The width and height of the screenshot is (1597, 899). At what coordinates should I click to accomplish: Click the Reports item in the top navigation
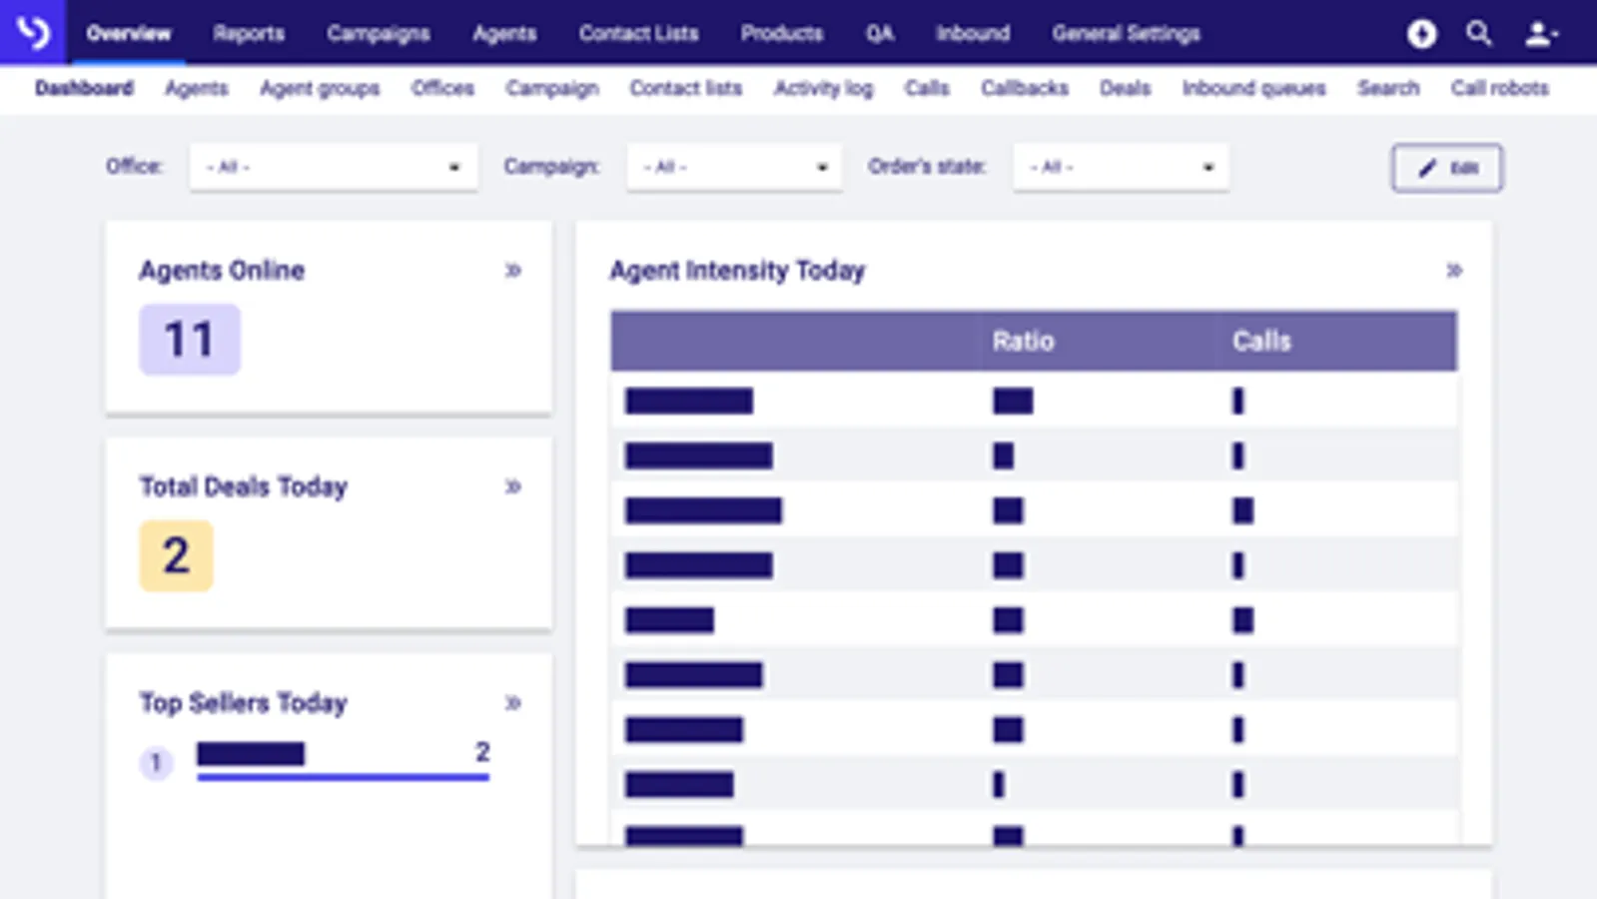[x=249, y=33]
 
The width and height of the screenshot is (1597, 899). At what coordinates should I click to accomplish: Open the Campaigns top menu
[x=379, y=33]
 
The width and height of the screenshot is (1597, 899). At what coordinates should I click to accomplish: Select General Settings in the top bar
[x=1126, y=33]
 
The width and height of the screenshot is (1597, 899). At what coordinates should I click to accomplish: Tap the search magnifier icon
[x=1478, y=34]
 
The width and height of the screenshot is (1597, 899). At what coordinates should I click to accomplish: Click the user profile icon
[x=1539, y=34]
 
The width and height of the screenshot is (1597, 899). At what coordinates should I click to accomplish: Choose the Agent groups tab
[x=320, y=88]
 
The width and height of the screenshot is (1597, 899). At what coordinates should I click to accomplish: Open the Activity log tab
[x=823, y=88]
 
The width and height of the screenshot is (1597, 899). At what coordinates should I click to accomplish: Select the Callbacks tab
[x=1024, y=88]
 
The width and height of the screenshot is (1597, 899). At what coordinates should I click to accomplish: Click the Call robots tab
[x=1499, y=88]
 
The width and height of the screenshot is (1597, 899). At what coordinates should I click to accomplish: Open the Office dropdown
[x=333, y=167]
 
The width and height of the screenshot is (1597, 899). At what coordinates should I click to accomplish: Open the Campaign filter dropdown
[x=734, y=167]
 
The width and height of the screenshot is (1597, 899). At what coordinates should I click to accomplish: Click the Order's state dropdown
[x=1120, y=167]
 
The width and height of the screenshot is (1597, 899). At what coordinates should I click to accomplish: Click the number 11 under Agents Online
[x=189, y=340]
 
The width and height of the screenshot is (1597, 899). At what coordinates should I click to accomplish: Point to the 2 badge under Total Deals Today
[x=176, y=555]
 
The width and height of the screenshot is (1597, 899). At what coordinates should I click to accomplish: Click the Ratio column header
[x=1023, y=342]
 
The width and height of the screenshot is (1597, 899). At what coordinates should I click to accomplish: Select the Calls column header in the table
[x=1261, y=342]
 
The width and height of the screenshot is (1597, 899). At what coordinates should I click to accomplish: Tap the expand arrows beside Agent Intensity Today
[x=1454, y=271]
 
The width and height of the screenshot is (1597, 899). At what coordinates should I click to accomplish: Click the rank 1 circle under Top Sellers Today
[x=156, y=763]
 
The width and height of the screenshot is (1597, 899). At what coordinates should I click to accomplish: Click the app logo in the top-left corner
[x=33, y=33]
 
